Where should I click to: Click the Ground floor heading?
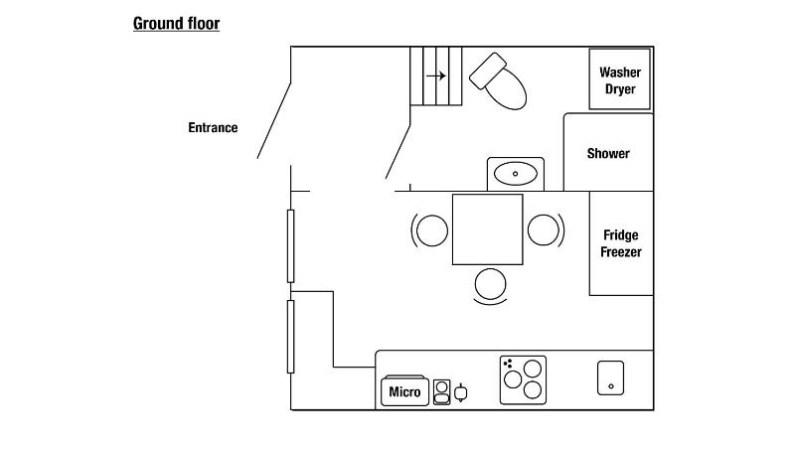click(x=176, y=23)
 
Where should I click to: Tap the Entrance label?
click(x=213, y=127)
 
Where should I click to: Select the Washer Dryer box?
click(x=620, y=79)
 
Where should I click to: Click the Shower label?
click(x=608, y=153)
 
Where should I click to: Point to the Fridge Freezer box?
click(x=621, y=243)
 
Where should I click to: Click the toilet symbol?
click(x=499, y=81)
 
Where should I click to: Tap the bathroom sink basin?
click(x=515, y=174)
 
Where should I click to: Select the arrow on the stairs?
click(x=435, y=75)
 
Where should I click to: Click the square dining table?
click(x=487, y=229)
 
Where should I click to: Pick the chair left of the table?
click(x=431, y=230)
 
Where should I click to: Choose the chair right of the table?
click(x=544, y=229)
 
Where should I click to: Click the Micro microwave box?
click(x=404, y=391)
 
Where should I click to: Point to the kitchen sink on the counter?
click(x=610, y=377)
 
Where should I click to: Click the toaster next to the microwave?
click(x=442, y=392)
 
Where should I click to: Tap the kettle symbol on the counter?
click(x=460, y=392)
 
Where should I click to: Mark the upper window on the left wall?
click(x=291, y=245)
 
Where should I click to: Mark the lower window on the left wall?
click(x=291, y=336)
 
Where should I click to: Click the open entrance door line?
click(x=274, y=119)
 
